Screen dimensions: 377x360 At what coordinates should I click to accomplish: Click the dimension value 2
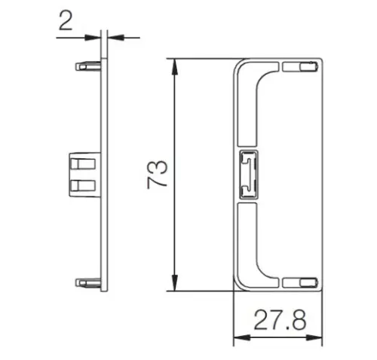click(66, 20)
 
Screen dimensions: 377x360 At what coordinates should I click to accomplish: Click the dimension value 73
click(158, 175)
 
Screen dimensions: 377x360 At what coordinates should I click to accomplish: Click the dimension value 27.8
click(280, 320)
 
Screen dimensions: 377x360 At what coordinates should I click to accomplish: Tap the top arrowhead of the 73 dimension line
click(174, 67)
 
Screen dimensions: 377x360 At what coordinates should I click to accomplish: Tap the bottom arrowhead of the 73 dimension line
click(174, 283)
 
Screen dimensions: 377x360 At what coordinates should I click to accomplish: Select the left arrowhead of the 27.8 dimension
click(242, 337)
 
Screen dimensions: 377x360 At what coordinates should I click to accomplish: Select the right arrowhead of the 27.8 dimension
click(314, 337)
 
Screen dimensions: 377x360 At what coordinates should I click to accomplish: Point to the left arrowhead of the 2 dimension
click(93, 38)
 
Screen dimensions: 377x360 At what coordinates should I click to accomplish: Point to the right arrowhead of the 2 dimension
click(116, 38)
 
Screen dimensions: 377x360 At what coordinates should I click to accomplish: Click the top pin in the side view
click(88, 66)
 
